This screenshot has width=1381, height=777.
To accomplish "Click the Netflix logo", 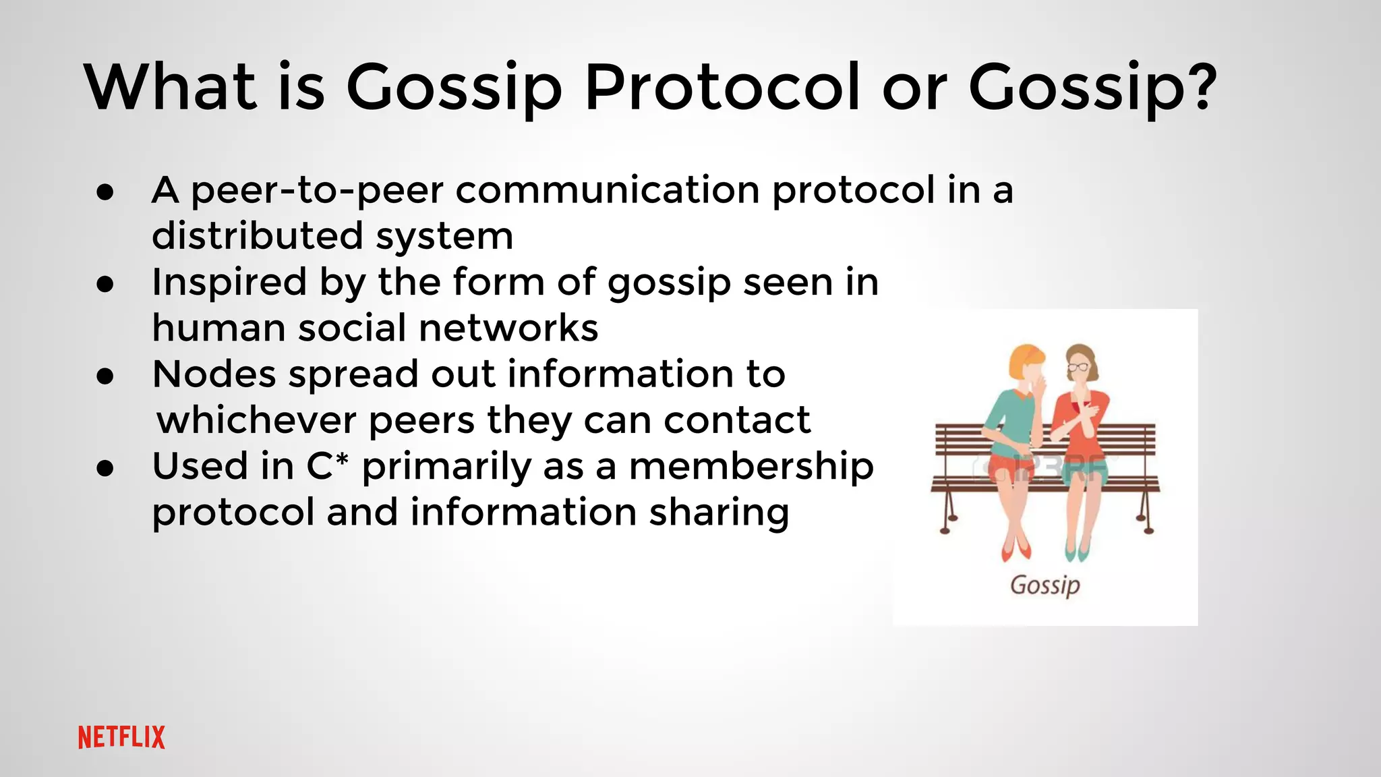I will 121,737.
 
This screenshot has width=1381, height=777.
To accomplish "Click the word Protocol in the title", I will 722,88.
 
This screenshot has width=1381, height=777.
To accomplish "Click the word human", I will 218,328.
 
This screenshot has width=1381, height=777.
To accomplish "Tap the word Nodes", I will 214,374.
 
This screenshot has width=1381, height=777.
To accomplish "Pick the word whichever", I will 256,420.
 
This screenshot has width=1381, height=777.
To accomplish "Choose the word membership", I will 751,467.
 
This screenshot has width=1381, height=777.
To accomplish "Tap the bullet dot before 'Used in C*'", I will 105,467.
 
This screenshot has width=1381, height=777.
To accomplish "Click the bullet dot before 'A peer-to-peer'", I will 105,192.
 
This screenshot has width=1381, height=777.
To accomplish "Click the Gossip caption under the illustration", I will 1045,585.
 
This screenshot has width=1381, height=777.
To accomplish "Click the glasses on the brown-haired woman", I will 1078,368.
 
